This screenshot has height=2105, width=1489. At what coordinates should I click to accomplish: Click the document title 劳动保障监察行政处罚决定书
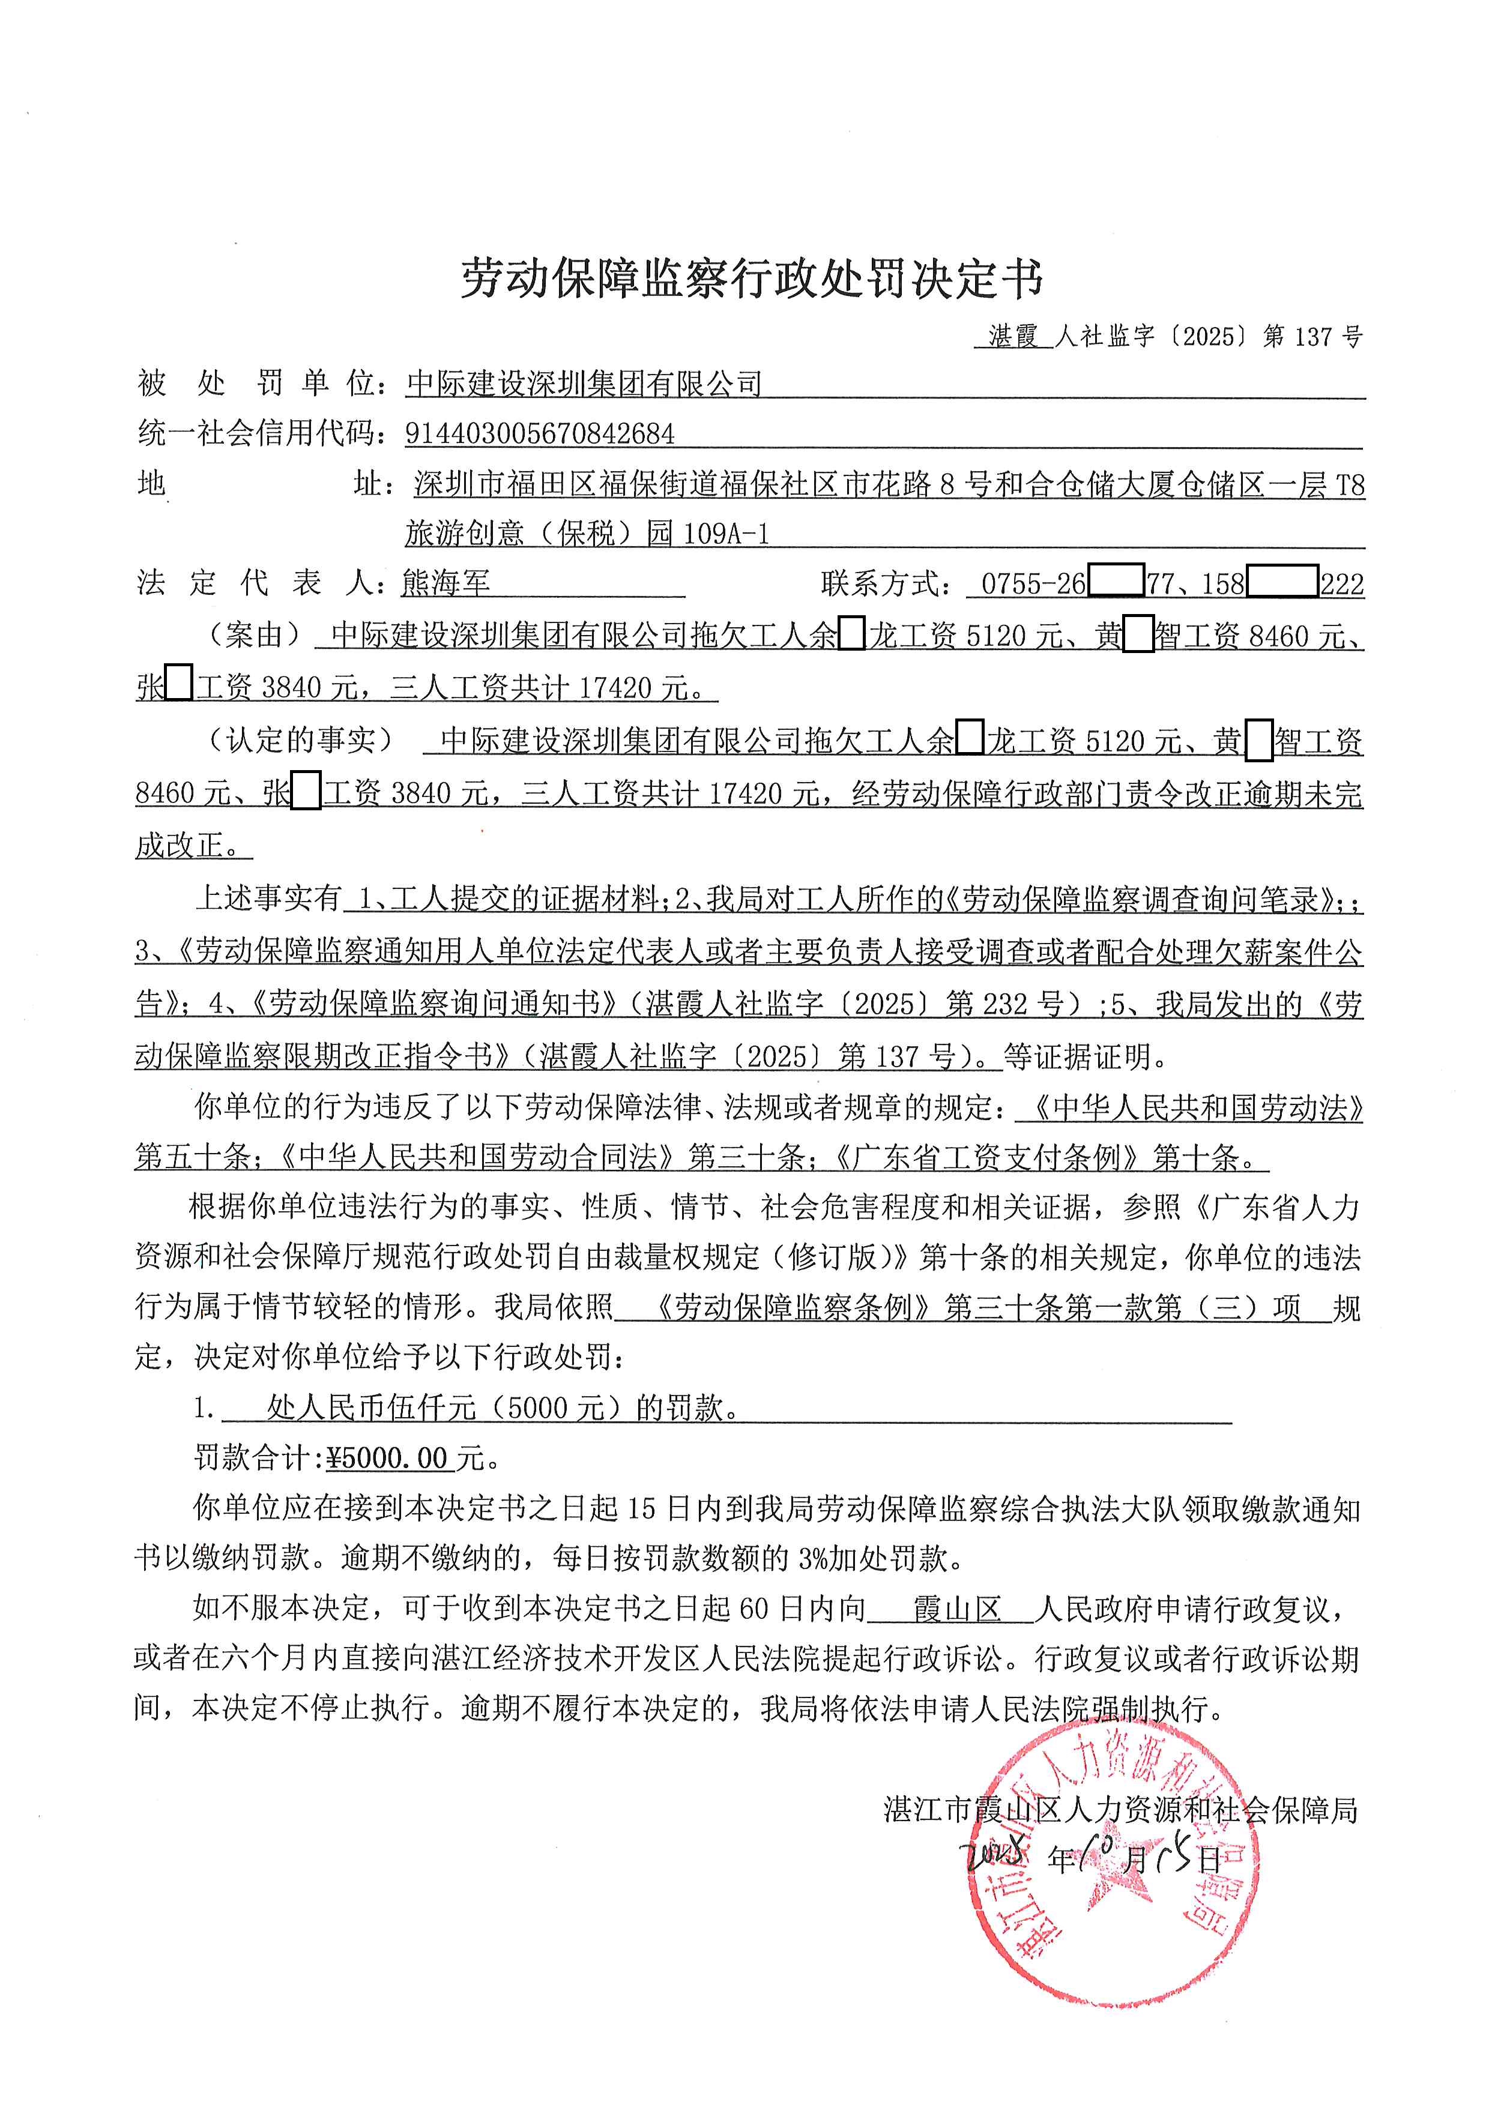click(751, 278)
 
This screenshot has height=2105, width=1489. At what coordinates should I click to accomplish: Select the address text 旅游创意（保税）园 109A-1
click(587, 532)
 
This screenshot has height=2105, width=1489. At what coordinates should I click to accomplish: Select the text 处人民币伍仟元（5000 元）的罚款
click(503, 1408)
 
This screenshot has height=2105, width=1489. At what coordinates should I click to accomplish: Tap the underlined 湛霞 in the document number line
click(1012, 337)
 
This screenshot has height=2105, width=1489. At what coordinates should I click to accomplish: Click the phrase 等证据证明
click(1086, 1057)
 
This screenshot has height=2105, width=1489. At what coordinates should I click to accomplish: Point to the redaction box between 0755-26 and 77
click(1116, 582)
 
